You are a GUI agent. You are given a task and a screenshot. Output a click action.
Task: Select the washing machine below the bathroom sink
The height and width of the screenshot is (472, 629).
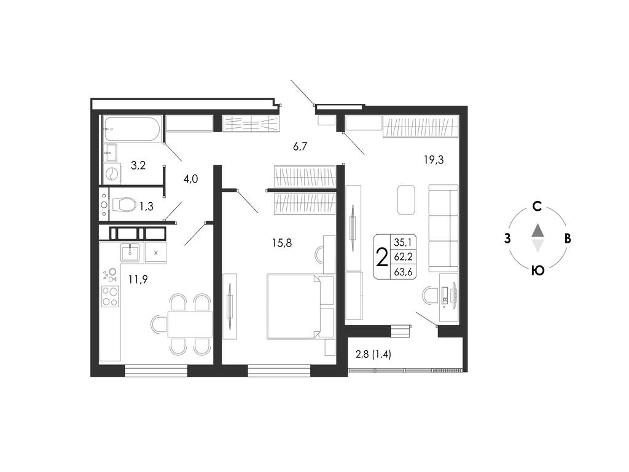[111, 173]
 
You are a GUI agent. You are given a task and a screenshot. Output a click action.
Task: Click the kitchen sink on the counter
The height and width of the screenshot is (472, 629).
[130, 252]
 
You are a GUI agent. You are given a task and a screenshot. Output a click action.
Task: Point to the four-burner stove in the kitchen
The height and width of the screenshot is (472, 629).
[110, 296]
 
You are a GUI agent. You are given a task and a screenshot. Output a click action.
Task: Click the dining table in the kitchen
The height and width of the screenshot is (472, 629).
[190, 324]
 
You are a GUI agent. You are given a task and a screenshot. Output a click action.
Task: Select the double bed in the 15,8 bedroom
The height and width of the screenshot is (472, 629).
[300, 306]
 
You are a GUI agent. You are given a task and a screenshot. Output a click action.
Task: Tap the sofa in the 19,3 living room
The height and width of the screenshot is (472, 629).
[443, 228]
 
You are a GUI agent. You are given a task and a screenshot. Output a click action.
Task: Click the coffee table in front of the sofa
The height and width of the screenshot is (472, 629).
[406, 200]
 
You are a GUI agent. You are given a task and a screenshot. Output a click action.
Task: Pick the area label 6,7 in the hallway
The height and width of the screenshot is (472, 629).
[300, 146]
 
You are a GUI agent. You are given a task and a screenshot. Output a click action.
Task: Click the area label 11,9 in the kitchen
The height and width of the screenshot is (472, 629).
[138, 279]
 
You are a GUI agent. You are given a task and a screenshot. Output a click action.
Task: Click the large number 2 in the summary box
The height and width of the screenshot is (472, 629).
[382, 258]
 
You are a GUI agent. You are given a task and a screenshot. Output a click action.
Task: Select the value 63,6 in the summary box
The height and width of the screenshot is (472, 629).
[403, 272]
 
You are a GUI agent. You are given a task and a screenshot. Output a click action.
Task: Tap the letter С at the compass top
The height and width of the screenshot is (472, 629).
[537, 206]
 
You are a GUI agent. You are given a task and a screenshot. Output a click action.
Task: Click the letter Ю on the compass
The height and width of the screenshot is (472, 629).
[537, 270]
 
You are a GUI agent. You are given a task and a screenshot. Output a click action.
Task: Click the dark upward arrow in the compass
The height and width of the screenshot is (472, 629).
[537, 230]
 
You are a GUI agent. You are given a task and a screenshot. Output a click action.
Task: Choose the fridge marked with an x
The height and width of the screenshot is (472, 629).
[156, 253]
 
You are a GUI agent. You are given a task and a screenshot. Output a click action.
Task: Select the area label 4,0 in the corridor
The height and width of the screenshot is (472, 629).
[190, 179]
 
